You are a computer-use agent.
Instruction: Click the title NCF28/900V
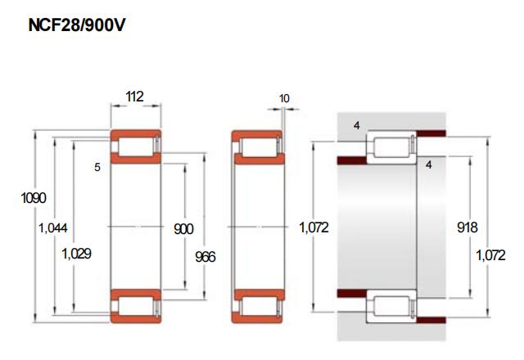tap(77, 25)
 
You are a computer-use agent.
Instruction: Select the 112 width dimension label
tap(134, 97)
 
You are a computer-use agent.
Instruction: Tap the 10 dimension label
tap(284, 98)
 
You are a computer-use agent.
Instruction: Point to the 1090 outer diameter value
tap(34, 198)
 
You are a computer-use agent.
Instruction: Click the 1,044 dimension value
tap(53, 228)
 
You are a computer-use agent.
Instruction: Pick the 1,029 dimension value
tap(76, 254)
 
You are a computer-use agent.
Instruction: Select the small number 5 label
tap(97, 167)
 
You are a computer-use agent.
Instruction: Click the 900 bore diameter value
tap(183, 229)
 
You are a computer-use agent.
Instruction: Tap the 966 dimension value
tap(206, 257)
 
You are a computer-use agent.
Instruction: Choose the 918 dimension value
tap(468, 227)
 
